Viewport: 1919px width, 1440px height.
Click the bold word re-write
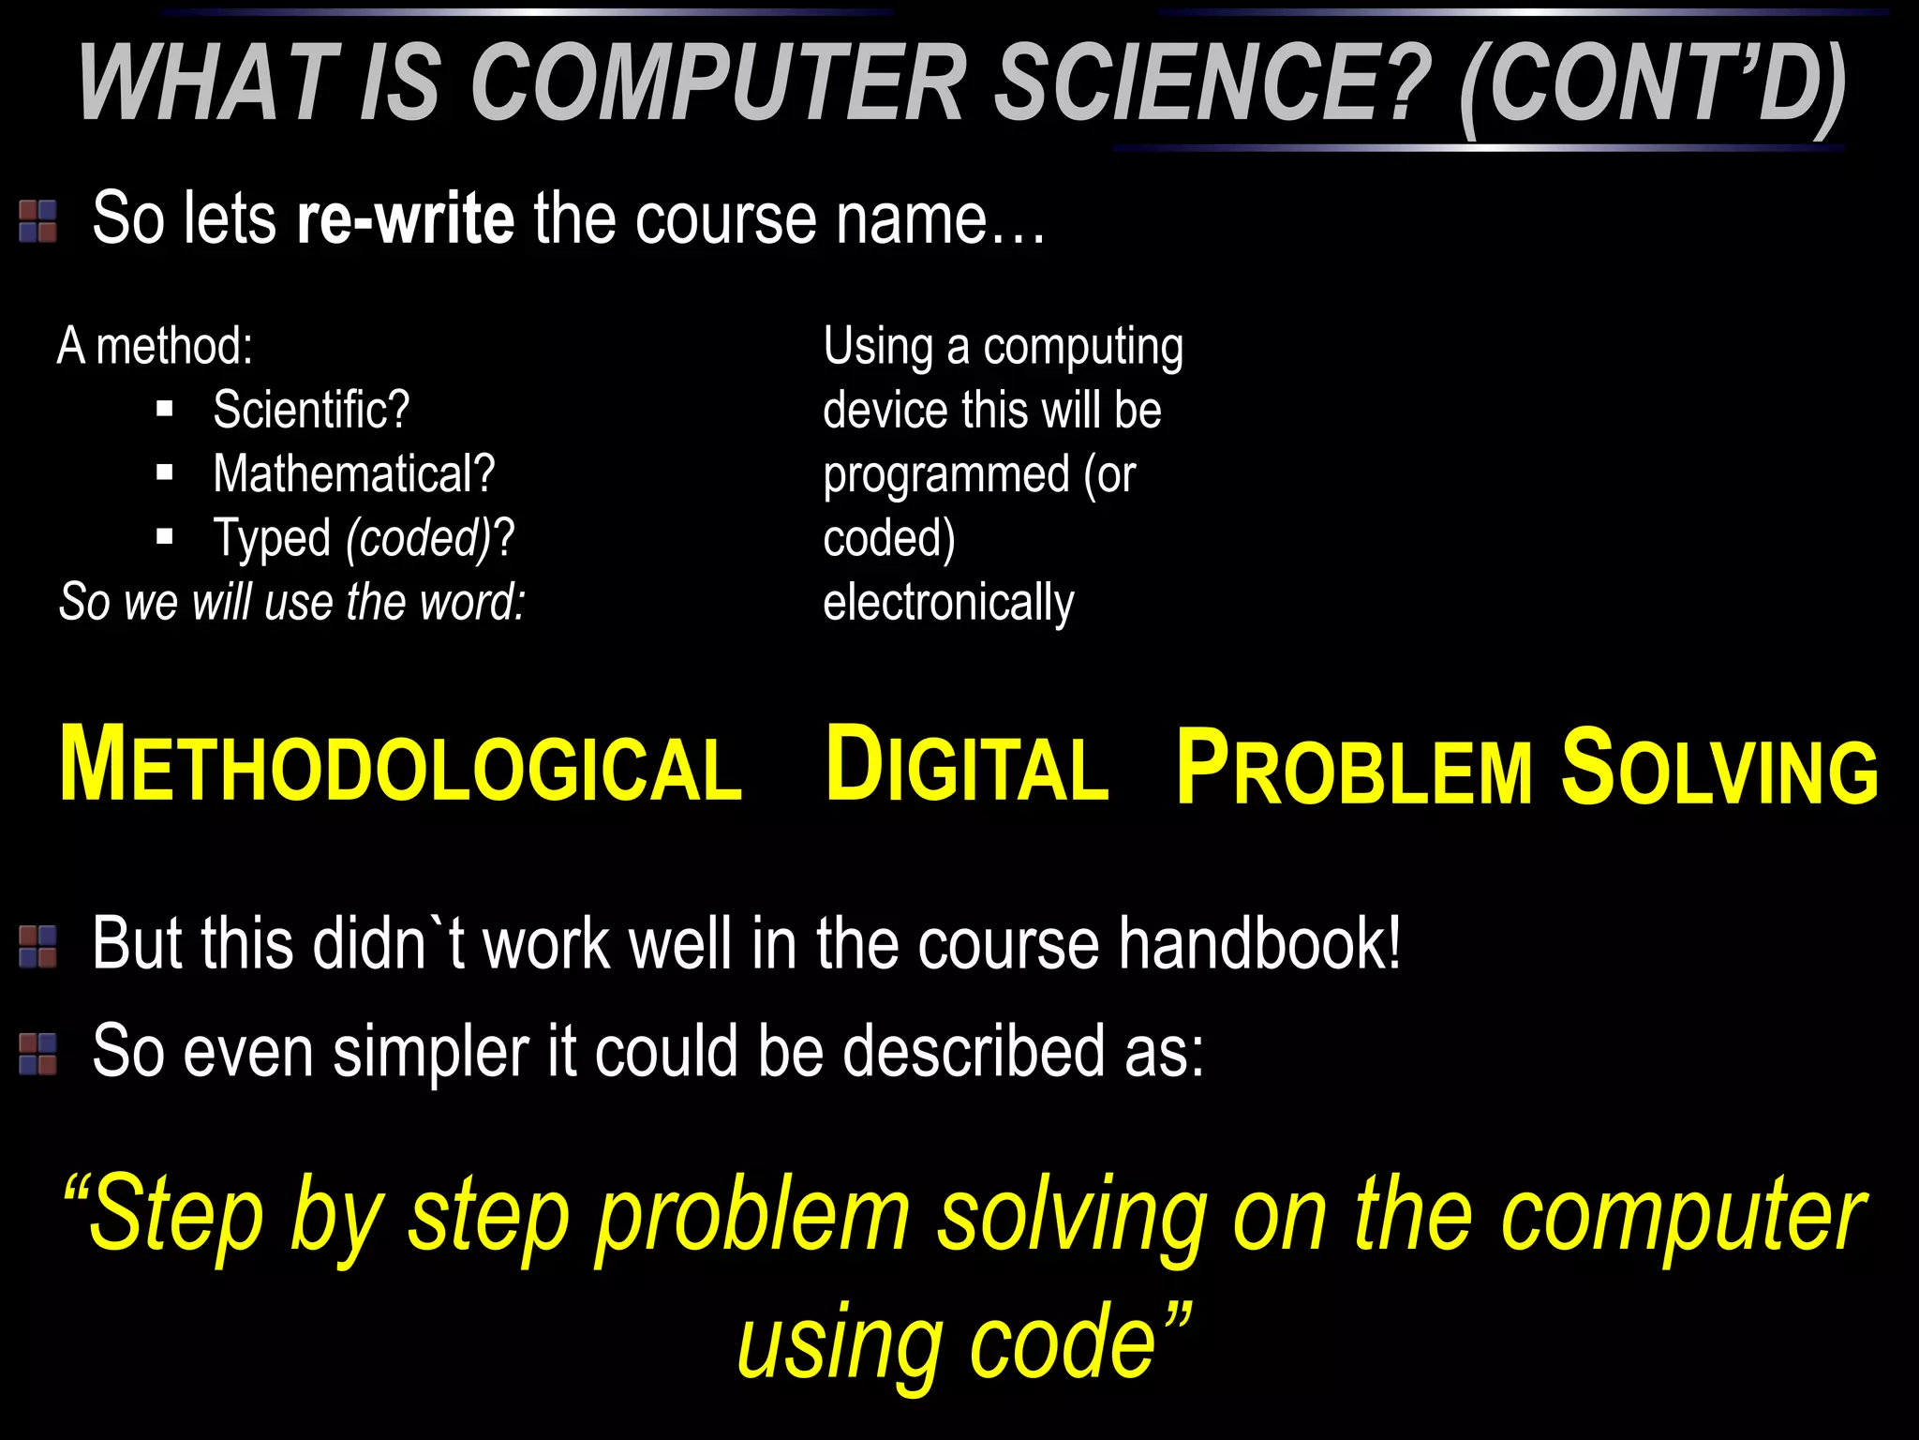click(x=405, y=218)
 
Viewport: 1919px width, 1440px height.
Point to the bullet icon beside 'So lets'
click(x=38, y=221)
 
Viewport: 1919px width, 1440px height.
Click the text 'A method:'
click(x=155, y=346)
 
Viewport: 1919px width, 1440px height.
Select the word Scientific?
click(x=311, y=410)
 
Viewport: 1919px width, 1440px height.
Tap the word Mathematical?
click(x=353, y=473)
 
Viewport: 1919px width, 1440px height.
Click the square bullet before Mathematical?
click(x=166, y=473)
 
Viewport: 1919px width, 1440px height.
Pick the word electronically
click(x=948, y=603)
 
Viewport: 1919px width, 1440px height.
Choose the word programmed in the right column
click(x=946, y=475)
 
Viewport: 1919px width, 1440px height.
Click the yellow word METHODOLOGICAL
click(x=401, y=766)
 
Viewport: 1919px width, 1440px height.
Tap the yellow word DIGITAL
click(x=967, y=766)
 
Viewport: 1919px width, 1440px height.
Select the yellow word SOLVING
click(x=1720, y=768)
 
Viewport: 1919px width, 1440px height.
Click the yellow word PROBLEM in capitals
click(x=1355, y=768)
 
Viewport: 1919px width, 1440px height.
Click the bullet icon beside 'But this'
click(x=38, y=947)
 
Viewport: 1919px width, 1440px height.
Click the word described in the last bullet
click(x=974, y=1051)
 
